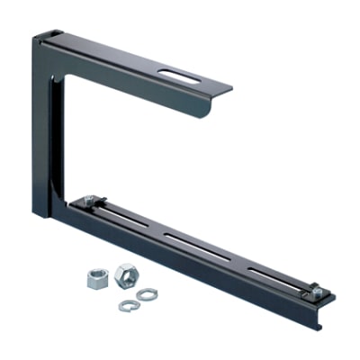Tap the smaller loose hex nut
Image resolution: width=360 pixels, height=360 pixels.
click(96, 280)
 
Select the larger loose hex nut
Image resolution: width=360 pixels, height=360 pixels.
click(125, 272)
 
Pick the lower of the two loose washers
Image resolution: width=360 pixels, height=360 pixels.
click(128, 306)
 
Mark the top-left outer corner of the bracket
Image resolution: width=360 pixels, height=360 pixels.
click(36, 35)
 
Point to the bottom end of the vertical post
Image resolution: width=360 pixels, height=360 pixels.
click(43, 214)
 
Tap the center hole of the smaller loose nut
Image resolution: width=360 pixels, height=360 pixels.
click(96, 278)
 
